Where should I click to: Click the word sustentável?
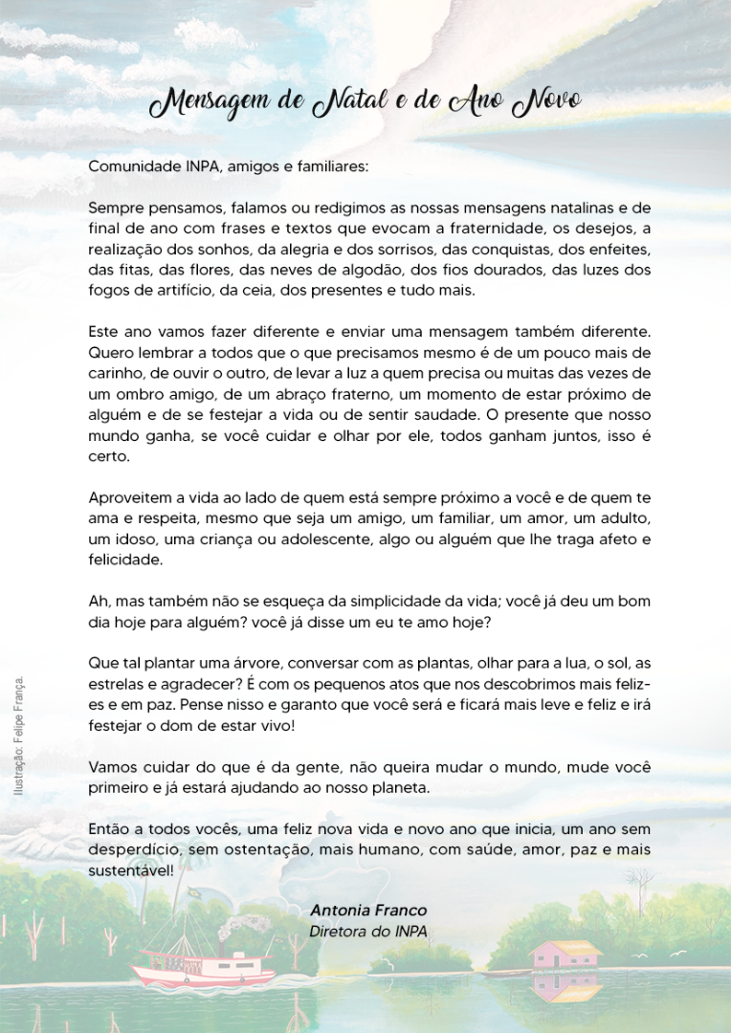[x=130, y=871]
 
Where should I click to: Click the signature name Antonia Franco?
[x=368, y=910]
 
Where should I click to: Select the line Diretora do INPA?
[x=368, y=931]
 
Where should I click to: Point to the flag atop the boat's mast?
[x=193, y=892]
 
